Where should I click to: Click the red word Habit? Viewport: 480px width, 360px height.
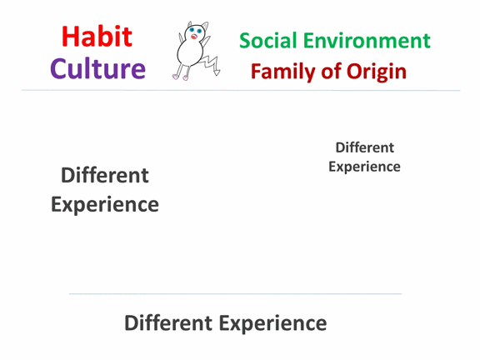click(x=97, y=37)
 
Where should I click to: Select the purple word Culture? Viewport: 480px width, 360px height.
click(x=98, y=68)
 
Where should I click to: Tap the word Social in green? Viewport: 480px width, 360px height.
click(x=267, y=40)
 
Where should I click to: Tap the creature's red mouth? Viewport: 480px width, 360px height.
click(x=194, y=37)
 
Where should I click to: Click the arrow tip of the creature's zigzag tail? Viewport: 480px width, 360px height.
click(x=217, y=72)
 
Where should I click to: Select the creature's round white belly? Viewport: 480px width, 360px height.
click(x=190, y=52)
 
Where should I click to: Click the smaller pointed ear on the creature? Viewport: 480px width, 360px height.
click(x=190, y=24)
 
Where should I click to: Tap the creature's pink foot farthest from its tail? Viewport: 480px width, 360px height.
click(x=175, y=77)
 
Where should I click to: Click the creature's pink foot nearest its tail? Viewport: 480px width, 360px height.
click(x=186, y=78)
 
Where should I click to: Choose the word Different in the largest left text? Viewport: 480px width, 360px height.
click(x=105, y=175)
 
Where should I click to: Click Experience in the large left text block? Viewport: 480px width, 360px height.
click(x=105, y=205)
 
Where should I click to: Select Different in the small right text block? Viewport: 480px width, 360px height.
click(x=365, y=147)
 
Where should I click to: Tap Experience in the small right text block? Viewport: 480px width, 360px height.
click(x=364, y=167)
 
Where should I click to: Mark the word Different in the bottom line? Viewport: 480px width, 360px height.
click(x=168, y=323)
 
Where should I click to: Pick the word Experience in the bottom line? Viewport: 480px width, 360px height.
click(x=272, y=324)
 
